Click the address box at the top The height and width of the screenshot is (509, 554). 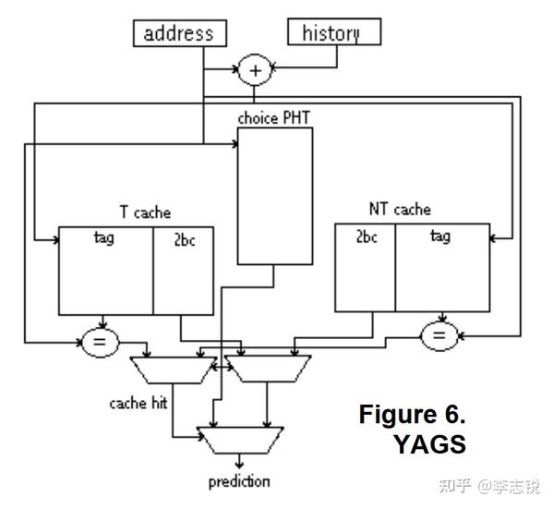[x=179, y=33]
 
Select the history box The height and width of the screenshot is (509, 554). [x=331, y=33]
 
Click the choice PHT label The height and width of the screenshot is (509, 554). [x=274, y=117]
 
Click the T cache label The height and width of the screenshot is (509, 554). [x=145, y=212]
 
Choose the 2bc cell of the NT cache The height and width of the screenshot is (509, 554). [x=365, y=269]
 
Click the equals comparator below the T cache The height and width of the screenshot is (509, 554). [x=101, y=344]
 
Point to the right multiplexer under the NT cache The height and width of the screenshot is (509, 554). [x=267, y=370]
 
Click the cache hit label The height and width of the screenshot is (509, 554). [x=138, y=403]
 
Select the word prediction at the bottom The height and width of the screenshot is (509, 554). [x=239, y=481]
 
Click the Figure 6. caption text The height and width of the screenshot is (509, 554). [x=412, y=415]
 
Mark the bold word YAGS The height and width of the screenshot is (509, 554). [x=429, y=444]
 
